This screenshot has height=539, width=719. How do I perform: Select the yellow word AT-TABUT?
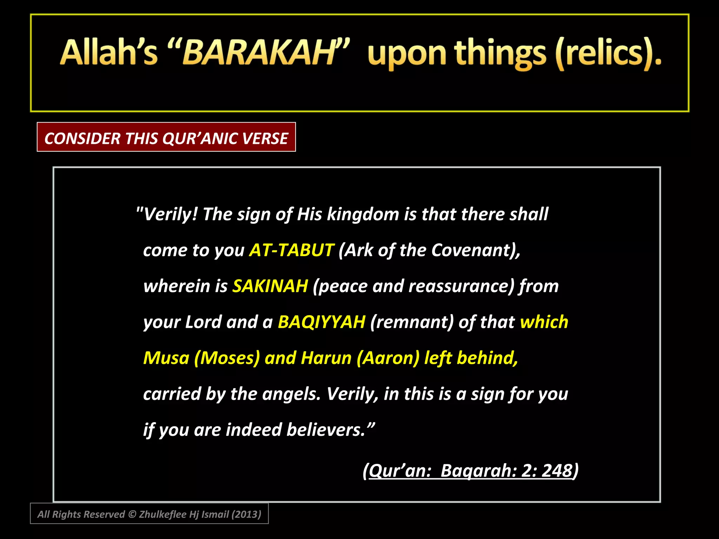(291, 250)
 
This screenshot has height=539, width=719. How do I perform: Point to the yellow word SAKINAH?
(270, 286)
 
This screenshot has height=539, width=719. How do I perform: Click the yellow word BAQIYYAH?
(321, 322)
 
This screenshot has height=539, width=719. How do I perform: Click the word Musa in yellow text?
(166, 358)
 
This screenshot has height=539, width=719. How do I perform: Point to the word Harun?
(326, 358)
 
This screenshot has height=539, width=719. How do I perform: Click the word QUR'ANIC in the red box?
(200, 138)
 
